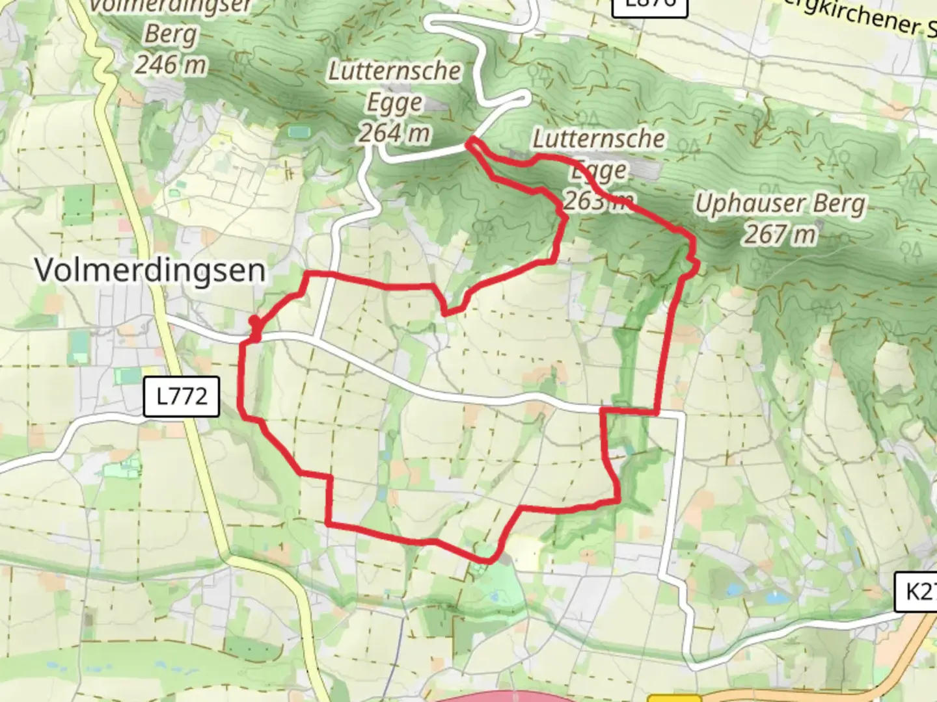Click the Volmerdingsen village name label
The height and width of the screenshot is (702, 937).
[150, 270]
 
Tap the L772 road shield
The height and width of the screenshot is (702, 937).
[182, 396]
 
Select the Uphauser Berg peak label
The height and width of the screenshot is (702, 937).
[780, 204]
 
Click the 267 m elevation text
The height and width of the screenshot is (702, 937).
[780, 234]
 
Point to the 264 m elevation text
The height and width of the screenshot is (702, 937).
[394, 133]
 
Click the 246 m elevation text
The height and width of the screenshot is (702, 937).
[170, 64]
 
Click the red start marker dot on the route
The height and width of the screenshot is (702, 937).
[254, 322]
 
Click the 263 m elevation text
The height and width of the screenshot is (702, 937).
[597, 201]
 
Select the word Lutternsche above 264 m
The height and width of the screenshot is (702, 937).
[394, 71]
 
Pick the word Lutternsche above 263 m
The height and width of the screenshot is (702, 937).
[599, 138]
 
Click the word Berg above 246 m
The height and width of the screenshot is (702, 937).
[170, 34]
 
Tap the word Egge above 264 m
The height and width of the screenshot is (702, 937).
[394, 103]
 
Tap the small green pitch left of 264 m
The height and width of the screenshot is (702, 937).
[299, 132]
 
